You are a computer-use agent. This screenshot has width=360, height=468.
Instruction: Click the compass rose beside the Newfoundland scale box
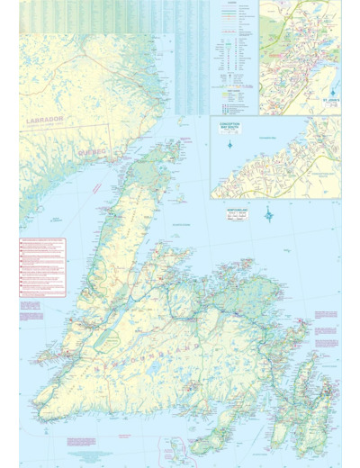click(x=268, y=214)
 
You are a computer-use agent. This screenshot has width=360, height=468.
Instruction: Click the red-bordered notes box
click(x=42, y=266)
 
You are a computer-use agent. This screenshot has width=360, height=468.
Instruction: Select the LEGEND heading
click(x=231, y=4)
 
